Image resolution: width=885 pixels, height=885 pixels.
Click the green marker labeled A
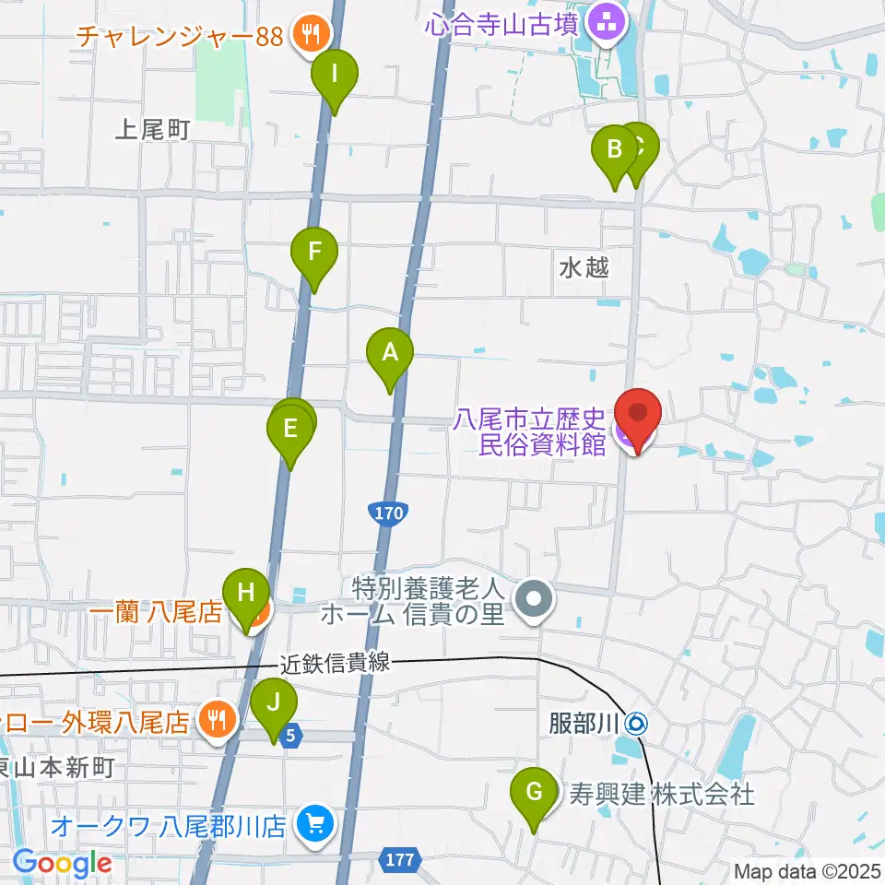(390, 352)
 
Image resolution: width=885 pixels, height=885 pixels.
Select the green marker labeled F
(314, 252)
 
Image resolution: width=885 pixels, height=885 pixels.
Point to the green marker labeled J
(274, 702)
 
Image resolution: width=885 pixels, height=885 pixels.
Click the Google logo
(62, 864)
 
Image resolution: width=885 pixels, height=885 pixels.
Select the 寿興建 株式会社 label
(662, 793)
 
